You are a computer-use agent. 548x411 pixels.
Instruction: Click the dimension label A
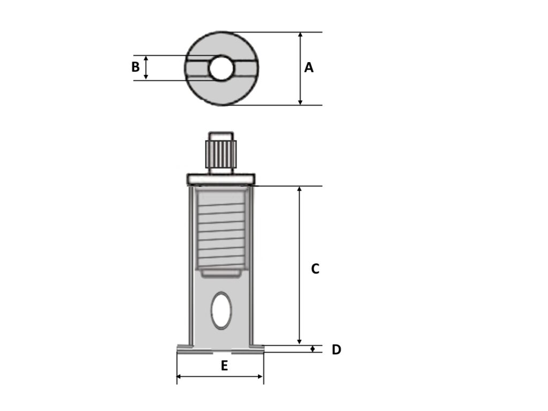click(309, 68)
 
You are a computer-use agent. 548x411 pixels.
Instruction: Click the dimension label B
click(135, 67)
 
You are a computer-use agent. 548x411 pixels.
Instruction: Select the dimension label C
click(315, 269)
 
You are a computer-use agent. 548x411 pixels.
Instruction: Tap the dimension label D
click(336, 350)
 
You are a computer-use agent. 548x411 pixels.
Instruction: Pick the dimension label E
click(224, 366)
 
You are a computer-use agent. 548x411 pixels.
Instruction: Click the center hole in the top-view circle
click(221, 68)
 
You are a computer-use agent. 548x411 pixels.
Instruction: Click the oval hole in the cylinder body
click(221, 310)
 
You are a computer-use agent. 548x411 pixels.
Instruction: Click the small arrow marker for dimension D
click(313, 349)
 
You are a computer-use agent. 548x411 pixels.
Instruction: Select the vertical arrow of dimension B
click(146, 68)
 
